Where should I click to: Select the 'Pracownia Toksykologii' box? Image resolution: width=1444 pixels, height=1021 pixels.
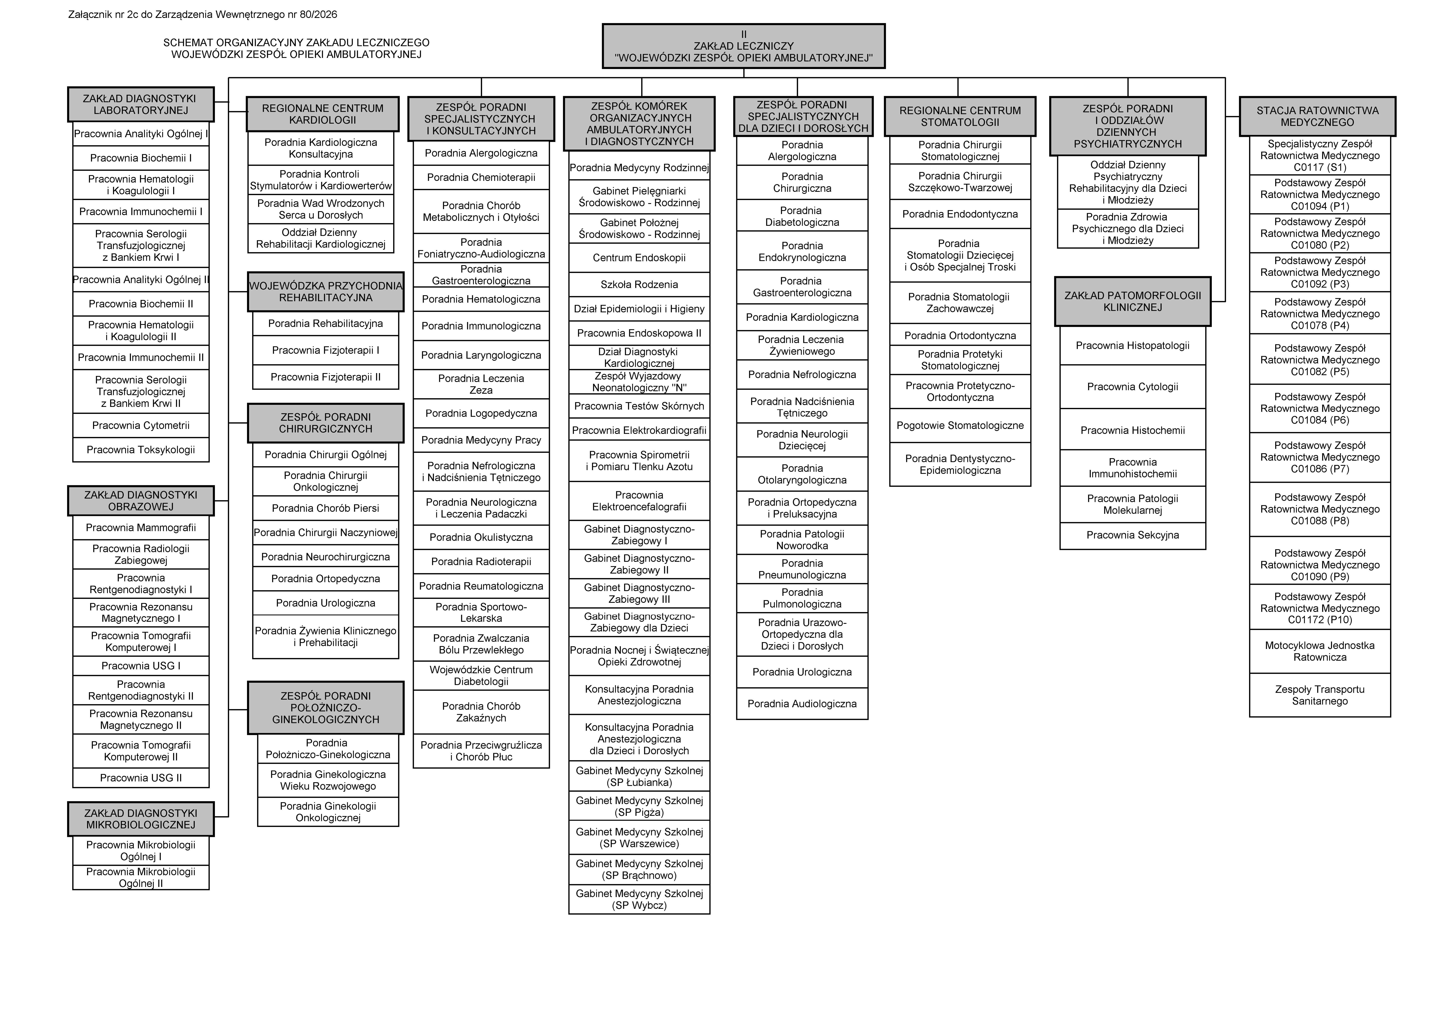coord(141,450)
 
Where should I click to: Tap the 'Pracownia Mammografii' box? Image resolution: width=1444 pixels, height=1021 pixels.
coord(141,528)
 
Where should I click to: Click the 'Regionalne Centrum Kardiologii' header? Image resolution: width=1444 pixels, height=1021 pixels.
coord(323,114)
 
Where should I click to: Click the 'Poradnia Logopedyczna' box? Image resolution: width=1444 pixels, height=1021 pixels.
coord(481,413)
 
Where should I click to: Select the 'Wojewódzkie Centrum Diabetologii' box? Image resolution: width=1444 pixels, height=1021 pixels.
coord(481,676)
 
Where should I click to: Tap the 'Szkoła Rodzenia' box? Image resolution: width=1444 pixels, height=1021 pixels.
coord(639,284)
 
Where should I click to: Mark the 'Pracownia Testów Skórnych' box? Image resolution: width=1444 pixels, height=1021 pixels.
coord(639,406)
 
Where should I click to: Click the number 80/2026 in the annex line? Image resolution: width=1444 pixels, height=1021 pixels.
coord(314,14)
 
